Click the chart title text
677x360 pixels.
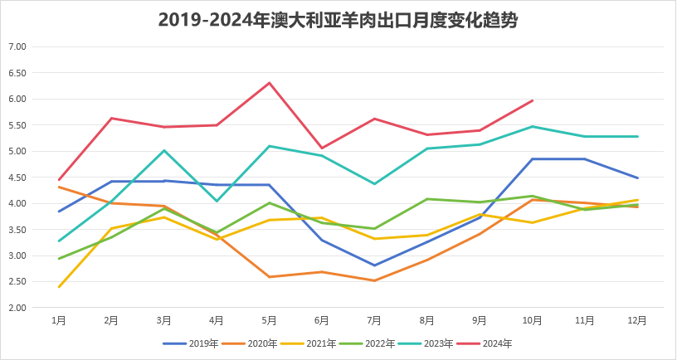[x=338, y=21]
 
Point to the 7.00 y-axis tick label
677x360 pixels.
[x=17, y=47]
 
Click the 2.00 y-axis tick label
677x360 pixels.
[x=17, y=308]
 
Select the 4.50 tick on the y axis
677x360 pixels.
[x=17, y=178]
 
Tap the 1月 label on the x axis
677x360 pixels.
[x=59, y=319]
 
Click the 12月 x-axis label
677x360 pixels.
[x=637, y=319]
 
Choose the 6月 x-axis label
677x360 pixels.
[x=322, y=319]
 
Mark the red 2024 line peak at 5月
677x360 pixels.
[x=270, y=83]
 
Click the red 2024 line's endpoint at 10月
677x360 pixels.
[x=533, y=100]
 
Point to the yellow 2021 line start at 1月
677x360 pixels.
[x=59, y=287]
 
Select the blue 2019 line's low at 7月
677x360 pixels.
[x=375, y=265]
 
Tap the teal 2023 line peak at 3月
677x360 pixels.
[x=164, y=150]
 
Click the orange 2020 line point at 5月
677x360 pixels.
[x=270, y=277]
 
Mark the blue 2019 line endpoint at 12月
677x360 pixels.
[x=637, y=178]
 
